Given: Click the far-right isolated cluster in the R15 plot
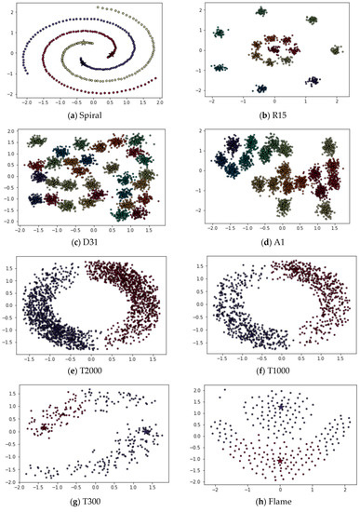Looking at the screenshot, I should pos(334,52).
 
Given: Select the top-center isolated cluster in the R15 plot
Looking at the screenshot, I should pos(260,13).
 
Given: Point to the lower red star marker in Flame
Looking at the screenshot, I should pos(280,461).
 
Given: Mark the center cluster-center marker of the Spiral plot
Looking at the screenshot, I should pos(89,43).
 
